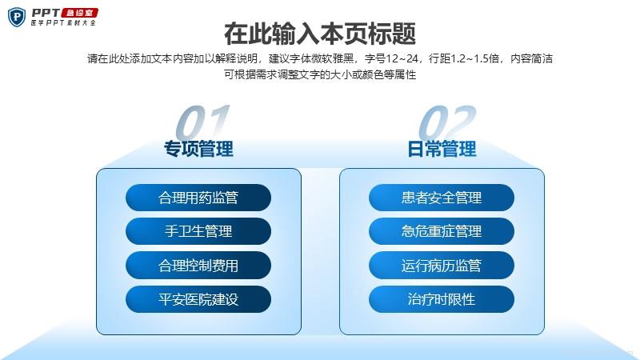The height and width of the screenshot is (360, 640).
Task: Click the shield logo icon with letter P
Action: click(x=17, y=17)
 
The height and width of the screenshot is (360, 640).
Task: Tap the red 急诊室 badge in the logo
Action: click(x=79, y=13)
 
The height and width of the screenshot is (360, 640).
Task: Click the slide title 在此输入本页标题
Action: click(x=320, y=34)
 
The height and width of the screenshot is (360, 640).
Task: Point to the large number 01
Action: click(x=203, y=122)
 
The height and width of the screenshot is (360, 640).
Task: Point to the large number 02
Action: click(x=447, y=122)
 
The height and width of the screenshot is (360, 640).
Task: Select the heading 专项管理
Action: click(x=198, y=149)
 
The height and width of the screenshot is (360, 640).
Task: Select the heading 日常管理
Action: click(x=442, y=149)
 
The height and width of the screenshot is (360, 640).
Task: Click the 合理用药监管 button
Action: click(x=198, y=198)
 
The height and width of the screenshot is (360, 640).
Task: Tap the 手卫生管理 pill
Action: click(x=198, y=231)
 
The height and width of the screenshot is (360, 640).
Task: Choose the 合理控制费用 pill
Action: click(x=198, y=266)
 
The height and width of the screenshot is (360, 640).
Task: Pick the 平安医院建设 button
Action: click(x=198, y=299)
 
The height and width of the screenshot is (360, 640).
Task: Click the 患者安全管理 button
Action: click(x=442, y=198)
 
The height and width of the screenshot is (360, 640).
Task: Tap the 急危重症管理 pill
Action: click(x=442, y=231)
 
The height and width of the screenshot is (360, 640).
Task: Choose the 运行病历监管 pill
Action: click(x=442, y=266)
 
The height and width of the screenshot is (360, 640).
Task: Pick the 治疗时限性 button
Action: click(x=442, y=299)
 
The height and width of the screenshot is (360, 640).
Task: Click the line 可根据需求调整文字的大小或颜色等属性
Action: click(x=320, y=74)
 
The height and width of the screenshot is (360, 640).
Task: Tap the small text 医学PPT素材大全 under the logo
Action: click(x=63, y=23)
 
